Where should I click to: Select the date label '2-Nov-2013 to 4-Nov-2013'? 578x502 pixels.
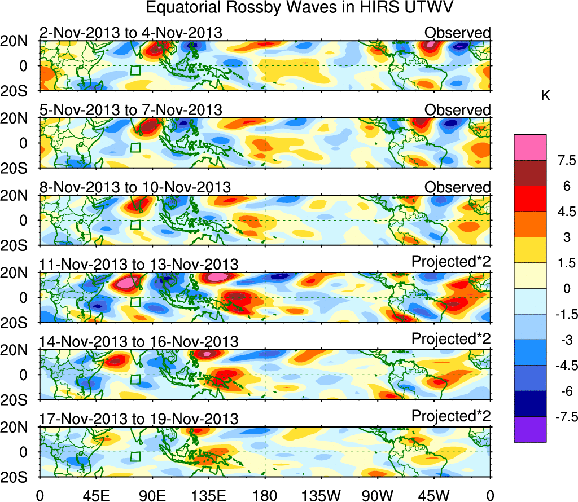(130, 33)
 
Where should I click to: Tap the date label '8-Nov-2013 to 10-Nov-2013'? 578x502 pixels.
(135, 187)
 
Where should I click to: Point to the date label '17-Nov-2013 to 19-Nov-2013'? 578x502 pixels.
(139, 419)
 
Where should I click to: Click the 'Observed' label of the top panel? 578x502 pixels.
(457, 33)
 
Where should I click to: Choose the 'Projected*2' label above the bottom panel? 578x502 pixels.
(451, 416)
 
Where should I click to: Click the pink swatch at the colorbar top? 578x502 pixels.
(530, 147)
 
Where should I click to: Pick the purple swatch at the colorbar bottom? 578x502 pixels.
(530, 429)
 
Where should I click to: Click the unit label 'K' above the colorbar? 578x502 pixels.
(546, 96)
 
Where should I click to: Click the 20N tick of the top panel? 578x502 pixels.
(18, 41)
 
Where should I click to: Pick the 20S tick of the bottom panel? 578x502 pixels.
(18, 477)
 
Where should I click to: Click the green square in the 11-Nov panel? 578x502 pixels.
(135, 302)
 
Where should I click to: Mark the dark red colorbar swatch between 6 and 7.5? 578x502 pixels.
(530, 173)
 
